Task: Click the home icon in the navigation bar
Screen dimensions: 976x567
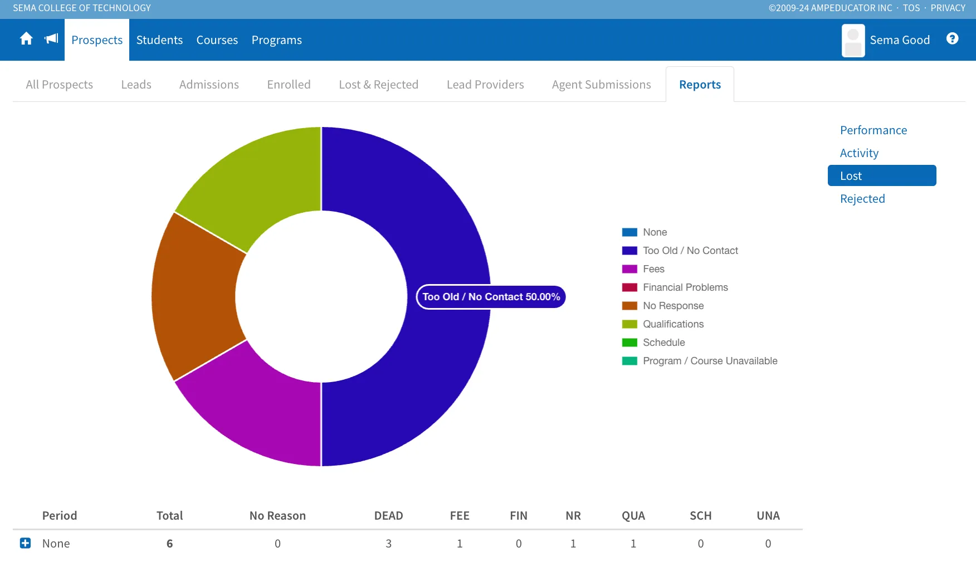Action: click(26, 38)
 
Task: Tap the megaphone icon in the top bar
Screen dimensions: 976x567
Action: click(51, 38)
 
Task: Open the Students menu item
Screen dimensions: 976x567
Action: click(159, 40)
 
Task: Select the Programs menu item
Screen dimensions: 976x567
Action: click(277, 40)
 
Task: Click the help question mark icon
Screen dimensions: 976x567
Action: click(953, 38)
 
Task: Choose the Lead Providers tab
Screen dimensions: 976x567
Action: click(485, 85)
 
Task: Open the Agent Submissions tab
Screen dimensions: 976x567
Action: click(602, 85)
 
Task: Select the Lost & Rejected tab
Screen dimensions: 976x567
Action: click(379, 85)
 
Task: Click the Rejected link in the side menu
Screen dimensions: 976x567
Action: click(862, 199)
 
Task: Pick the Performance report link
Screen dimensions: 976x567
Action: click(873, 130)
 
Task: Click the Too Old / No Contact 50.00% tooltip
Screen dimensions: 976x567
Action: click(491, 297)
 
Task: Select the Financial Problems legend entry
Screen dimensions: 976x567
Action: click(675, 287)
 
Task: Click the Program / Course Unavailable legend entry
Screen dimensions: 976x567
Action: click(700, 361)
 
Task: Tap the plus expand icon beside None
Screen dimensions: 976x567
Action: click(26, 543)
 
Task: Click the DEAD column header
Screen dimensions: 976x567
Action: click(389, 516)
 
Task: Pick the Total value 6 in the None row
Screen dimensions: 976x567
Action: click(170, 544)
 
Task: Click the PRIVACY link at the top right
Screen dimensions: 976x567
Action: click(948, 8)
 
